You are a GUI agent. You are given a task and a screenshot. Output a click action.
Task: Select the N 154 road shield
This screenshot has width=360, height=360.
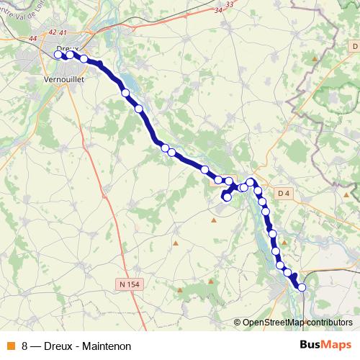(x=128, y=284)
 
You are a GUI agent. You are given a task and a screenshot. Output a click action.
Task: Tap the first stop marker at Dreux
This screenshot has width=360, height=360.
(x=58, y=54)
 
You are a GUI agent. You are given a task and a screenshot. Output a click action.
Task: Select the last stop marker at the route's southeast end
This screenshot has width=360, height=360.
(x=302, y=287)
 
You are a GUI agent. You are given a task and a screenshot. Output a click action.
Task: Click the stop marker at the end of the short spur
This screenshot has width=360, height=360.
(x=227, y=197)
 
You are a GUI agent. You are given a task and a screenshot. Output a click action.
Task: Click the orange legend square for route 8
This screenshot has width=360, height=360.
(x=10, y=345)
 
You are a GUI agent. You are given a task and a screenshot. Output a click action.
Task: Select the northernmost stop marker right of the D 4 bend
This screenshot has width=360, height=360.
(x=251, y=182)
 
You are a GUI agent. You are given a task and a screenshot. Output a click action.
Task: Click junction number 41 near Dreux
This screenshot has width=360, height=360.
(x=63, y=32)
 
